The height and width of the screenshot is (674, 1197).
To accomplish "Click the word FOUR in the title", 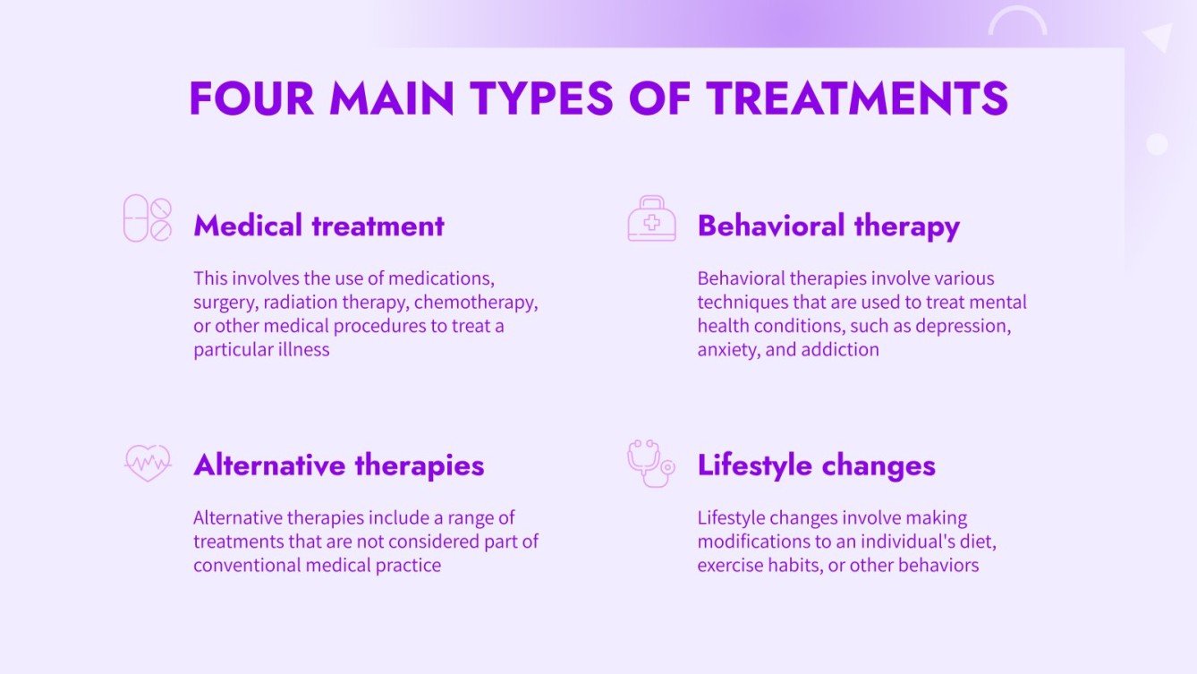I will [x=251, y=98].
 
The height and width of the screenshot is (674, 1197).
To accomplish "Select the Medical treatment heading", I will [x=318, y=226].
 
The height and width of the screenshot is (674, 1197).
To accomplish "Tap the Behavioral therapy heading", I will [x=828, y=226].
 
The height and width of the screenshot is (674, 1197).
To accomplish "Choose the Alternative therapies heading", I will [x=338, y=465].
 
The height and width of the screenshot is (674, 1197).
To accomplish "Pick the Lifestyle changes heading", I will [x=816, y=465].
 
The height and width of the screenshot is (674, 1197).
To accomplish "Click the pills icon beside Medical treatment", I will [x=148, y=218].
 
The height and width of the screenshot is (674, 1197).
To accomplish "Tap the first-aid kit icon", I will [x=651, y=219].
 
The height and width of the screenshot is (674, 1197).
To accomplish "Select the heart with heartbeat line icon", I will [x=148, y=463].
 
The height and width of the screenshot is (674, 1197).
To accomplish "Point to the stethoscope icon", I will [x=650, y=462].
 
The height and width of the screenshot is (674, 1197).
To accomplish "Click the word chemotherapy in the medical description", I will [x=475, y=302].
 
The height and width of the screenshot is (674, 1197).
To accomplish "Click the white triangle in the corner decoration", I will [x=1159, y=38].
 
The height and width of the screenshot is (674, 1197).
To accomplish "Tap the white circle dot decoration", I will [x=1157, y=144].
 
